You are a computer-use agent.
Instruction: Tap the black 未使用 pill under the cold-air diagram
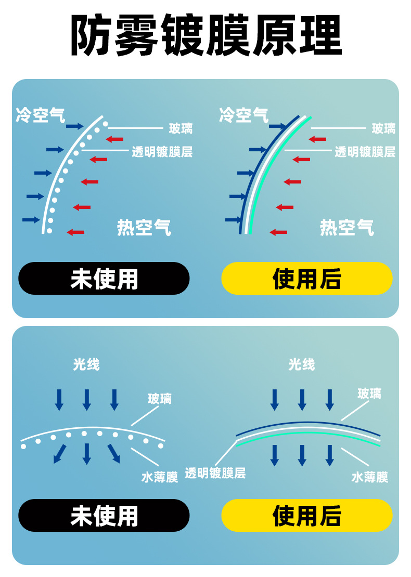[104, 279]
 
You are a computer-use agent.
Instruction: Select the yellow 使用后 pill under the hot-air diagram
[307, 279]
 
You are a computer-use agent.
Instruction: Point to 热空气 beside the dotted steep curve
[144, 227]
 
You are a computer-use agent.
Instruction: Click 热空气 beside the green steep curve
[346, 227]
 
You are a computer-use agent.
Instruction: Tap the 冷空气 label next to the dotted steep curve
[41, 115]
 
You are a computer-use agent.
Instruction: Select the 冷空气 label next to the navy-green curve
[243, 115]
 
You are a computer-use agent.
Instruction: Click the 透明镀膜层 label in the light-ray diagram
[215, 473]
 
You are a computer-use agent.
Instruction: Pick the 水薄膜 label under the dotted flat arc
[160, 477]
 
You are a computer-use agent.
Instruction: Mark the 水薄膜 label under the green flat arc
[370, 477]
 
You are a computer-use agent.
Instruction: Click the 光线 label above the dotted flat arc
[86, 365]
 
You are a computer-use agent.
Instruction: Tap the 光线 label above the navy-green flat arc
[302, 365]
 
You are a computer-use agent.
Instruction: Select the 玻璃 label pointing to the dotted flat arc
[160, 399]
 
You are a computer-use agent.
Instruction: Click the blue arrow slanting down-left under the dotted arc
[60, 454]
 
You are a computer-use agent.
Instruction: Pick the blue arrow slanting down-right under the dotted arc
[114, 454]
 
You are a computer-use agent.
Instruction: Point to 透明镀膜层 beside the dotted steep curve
[162, 152]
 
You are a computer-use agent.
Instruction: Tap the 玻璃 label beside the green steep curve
[383, 128]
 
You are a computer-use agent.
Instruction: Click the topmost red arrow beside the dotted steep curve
[115, 139]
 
